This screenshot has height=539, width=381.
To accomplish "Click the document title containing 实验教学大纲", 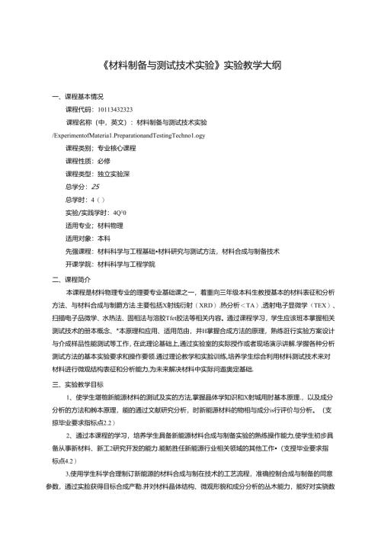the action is [x=191, y=66].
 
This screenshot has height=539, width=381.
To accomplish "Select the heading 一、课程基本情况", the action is [x=76, y=98].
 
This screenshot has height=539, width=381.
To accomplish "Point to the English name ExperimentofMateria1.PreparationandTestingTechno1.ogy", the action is [x=129, y=133].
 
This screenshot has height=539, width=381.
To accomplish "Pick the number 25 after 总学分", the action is [x=95, y=185].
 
